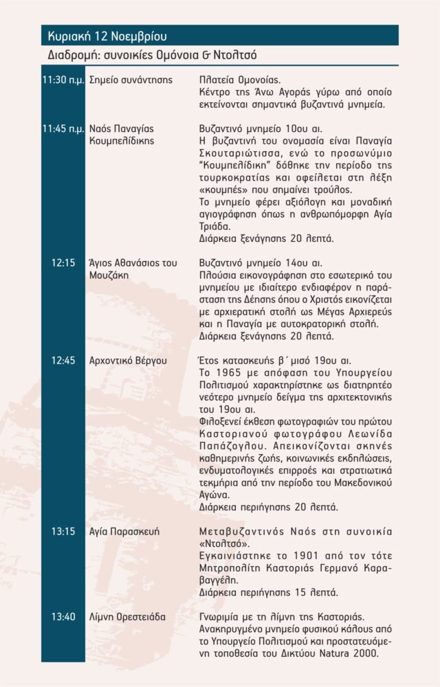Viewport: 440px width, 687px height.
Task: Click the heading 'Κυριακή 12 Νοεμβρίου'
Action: click(107, 36)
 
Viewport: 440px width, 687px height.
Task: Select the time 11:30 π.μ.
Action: click(63, 80)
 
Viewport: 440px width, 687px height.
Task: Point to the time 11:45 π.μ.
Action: click(63, 128)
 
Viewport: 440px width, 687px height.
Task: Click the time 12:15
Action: click(63, 262)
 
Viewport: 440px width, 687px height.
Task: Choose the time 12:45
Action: click(63, 360)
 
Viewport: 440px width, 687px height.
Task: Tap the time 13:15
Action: click(63, 532)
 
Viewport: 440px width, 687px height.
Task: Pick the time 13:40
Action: click(63, 617)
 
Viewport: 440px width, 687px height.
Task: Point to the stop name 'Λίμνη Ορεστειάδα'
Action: click(127, 617)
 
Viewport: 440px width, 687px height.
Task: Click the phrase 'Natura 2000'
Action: click(351, 654)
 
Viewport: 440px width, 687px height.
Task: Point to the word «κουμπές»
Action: click(222, 190)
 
